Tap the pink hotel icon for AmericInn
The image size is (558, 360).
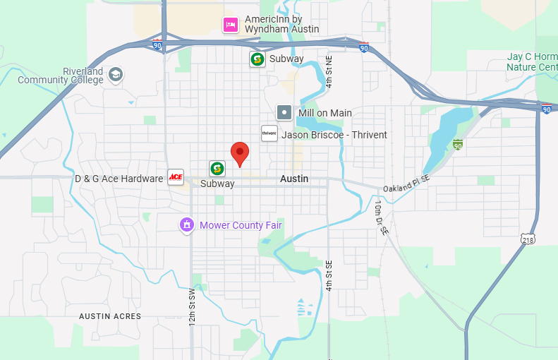click(230, 25)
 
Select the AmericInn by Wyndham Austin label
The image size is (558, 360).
click(281, 25)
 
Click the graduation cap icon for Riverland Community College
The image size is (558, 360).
click(116, 73)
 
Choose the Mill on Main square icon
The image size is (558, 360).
click(284, 112)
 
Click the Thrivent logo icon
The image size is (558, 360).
click(269, 133)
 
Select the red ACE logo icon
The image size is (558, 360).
click(176, 177)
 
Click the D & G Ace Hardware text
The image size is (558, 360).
click(119, 179)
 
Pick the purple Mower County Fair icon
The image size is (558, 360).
click(187, 225)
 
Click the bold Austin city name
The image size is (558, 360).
click(294, 179)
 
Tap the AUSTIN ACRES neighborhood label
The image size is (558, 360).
click(110, 316)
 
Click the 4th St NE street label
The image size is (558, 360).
click(338, 71)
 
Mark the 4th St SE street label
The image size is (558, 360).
click(329, 275)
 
